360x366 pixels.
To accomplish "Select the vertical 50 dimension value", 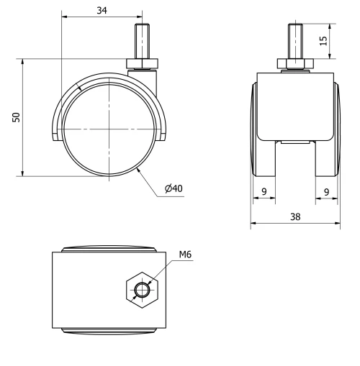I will [x=14, y=116].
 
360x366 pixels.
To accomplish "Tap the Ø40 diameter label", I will [x=174, y=188].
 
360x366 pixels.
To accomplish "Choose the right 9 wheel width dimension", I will [x=326, y=191].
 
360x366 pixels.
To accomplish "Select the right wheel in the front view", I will [x=335, y=129].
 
